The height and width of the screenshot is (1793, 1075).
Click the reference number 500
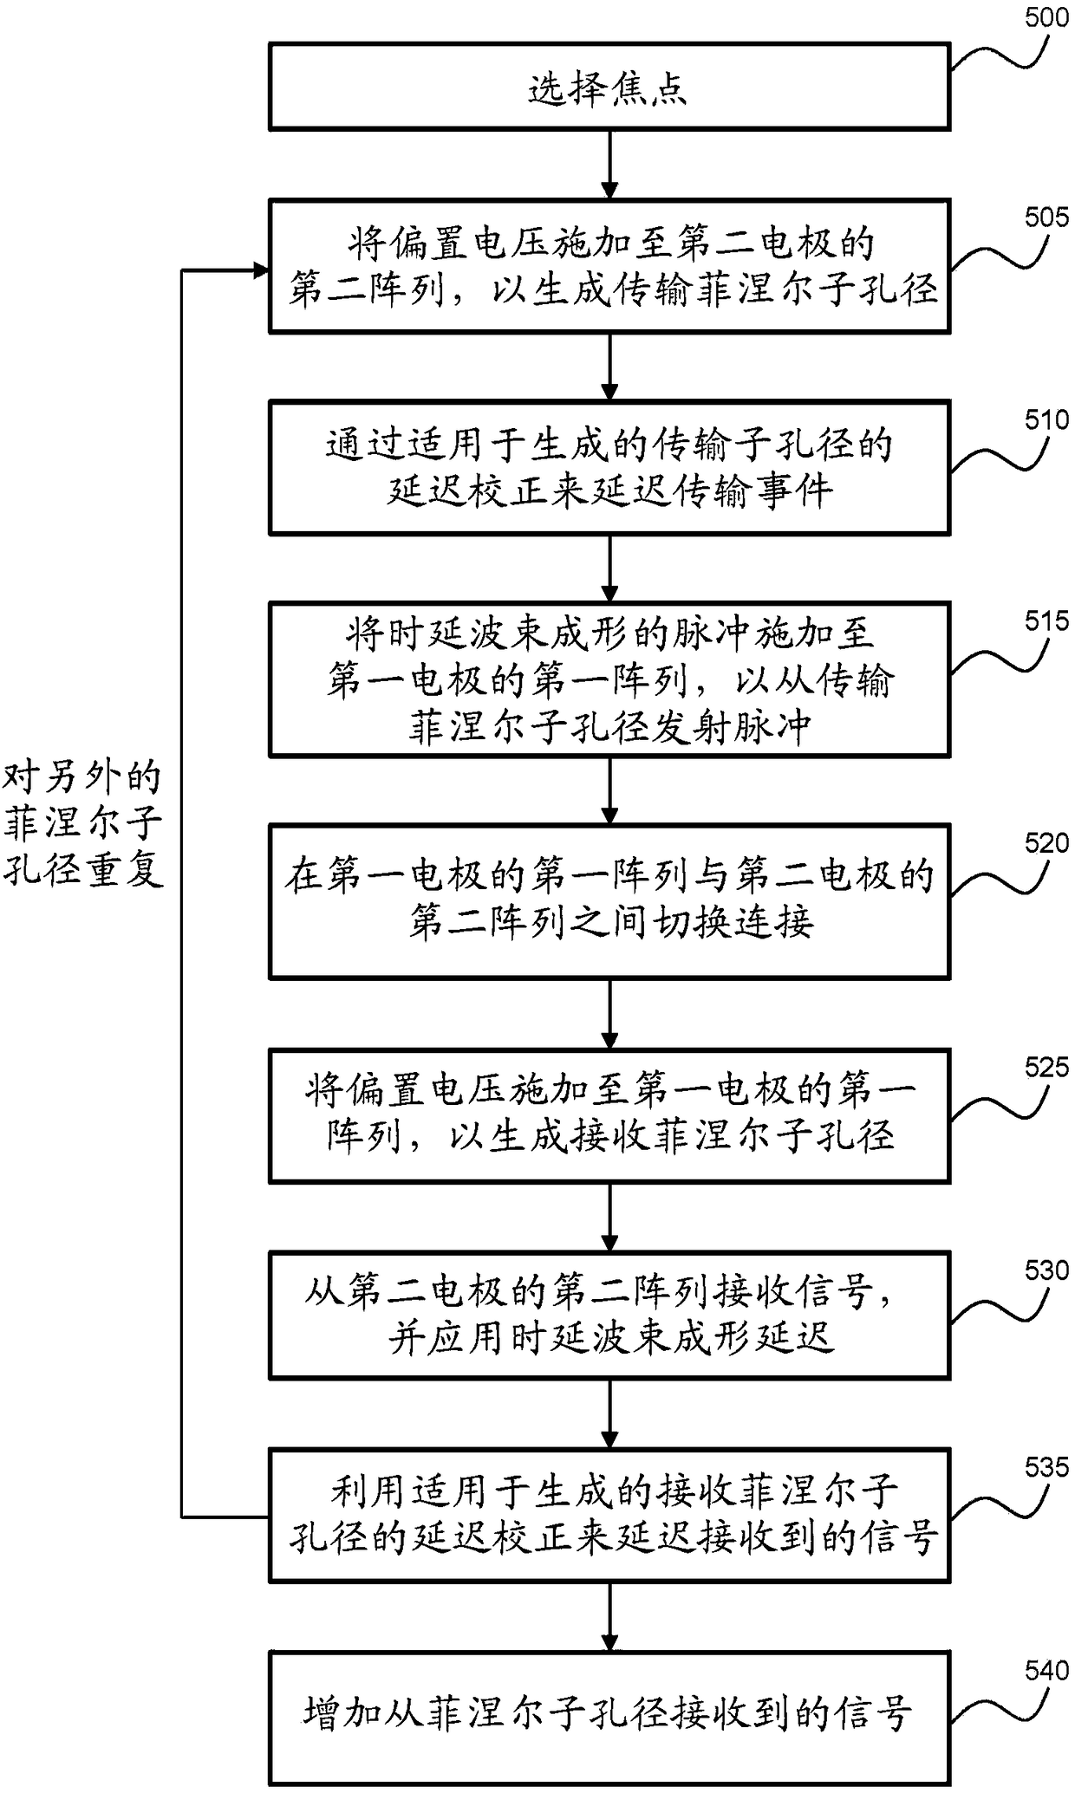pos(1046,17)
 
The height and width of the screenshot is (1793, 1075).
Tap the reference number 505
pos(1046,217)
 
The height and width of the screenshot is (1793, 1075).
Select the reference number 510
pos(1046,420)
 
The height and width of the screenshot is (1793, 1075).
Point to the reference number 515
pos(1046,621)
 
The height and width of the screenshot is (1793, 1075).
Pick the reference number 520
pos(1046,843)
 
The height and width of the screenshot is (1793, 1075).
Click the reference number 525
pos(1046,1067)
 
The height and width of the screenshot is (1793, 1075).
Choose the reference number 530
pos(1046,1270)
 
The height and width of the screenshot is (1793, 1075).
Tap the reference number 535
pos(1046,1469)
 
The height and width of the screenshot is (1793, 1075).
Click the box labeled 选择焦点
pos(609,88)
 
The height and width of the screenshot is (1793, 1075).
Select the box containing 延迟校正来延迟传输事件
pos(609,467)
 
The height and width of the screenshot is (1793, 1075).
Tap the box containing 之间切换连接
pos(609,901)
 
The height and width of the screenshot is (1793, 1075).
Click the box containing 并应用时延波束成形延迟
pos(609,1316)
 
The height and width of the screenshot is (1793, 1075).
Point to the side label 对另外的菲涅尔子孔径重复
pos(83,824)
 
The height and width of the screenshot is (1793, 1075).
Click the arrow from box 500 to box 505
pos(610,166)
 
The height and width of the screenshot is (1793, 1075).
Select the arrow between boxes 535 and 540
pos(610,1616)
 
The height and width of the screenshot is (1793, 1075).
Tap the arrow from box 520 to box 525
pos(610,1015)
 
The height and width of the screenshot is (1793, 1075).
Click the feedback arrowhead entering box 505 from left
pos(261,270)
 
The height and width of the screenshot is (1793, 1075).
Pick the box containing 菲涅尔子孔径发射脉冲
pos(609,680)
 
